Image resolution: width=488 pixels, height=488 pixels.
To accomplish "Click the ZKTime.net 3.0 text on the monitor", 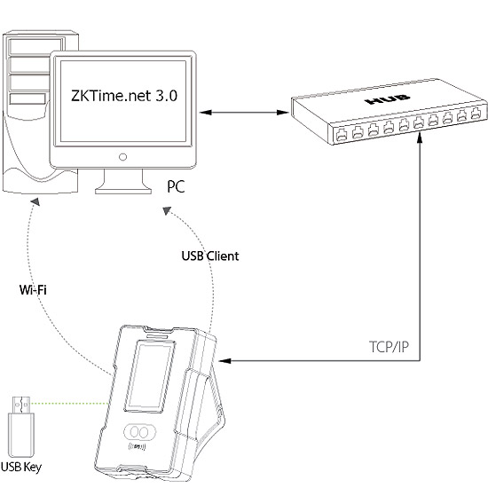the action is coord(124,96).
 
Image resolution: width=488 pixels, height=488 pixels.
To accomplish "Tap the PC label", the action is coord(176,186).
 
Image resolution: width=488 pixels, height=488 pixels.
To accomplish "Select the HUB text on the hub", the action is coord(388,99).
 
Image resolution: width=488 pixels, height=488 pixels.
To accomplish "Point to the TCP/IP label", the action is coord(389,347).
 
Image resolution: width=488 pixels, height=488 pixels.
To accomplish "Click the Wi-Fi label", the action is coord(33,290).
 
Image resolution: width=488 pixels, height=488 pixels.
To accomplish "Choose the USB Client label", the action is coord(210,256).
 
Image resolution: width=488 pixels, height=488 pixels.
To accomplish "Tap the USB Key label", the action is coord(21,467).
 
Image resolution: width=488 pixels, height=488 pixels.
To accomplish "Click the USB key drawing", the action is coord(21,426).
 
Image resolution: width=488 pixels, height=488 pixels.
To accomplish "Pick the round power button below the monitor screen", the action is coord(123,157).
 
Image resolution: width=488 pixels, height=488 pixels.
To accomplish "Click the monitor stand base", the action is coord(123,190).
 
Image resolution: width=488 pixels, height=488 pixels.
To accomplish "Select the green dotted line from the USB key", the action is coord(69,404).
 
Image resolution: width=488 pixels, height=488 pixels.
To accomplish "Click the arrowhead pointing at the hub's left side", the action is coord(283,113).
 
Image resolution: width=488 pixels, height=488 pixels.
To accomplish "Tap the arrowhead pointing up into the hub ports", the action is coord(420,137).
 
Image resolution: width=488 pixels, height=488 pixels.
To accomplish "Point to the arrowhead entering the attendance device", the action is coord(224,361).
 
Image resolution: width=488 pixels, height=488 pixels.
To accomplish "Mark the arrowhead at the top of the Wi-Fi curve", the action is coord(35,201).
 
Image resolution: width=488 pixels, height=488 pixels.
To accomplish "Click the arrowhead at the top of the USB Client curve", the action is coord(167,210).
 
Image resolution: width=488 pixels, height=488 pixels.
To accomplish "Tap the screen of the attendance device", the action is coord(150,377).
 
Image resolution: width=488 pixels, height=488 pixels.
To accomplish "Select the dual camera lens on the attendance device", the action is coord(139,432).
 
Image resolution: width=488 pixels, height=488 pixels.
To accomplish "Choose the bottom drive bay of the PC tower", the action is coord(28,99).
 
